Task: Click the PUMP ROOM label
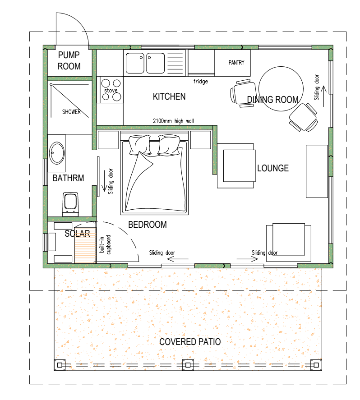[69, 60]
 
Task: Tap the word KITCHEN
[169, 97]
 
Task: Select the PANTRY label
[236, 63]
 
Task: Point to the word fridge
[201, 81]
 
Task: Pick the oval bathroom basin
[57, 153]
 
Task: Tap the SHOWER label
[71, 112]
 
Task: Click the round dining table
[281, 89]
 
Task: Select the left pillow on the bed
[140, 145]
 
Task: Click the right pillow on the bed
[169, 145]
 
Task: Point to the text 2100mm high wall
[173, 121]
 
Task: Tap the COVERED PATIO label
[190, 342]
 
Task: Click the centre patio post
[188, 365]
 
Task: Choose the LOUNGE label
[273, 168]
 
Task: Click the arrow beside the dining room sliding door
[324, 96]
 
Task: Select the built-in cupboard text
[105, 244]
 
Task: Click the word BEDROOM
[148, 225]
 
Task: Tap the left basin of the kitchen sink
[135, 63]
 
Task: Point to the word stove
[111, 91]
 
